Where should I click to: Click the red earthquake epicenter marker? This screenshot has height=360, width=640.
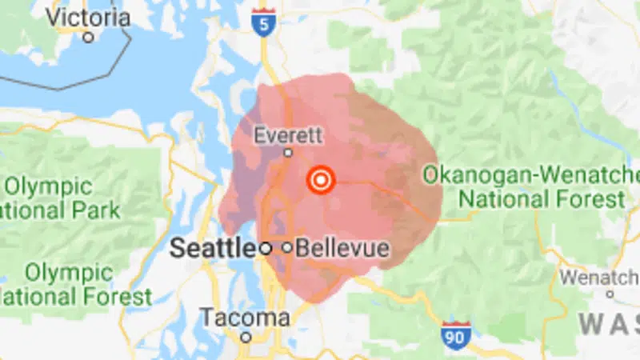click(321, 180)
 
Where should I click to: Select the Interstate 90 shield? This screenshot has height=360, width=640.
click(454, 334)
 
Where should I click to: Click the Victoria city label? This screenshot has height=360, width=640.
click(89, 17)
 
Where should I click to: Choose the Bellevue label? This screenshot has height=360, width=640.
click(342, 249)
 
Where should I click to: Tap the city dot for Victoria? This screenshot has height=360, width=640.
click(89, 37)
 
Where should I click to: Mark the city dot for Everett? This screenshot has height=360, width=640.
click(288, 152)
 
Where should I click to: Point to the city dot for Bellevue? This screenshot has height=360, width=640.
click(287, 249)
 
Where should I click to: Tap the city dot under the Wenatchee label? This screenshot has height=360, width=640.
click(610, 294)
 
